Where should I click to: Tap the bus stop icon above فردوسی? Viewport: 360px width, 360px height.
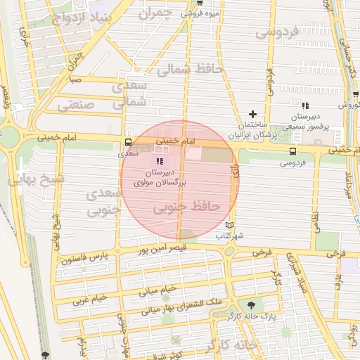(x=292, y=150)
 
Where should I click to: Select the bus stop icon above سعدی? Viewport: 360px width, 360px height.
(x=127, y=141)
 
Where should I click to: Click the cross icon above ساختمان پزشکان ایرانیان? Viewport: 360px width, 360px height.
(x=252, y=114)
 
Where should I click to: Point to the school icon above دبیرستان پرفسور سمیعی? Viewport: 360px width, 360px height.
(x=304, y=105)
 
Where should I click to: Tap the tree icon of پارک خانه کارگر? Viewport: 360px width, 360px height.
(x=250, y=305)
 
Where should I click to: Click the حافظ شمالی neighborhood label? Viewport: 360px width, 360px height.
(x=189, y=70)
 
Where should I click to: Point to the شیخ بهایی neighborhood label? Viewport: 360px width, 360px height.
(x=35, y=179)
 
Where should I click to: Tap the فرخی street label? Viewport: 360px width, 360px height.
(x=261, y=251)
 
